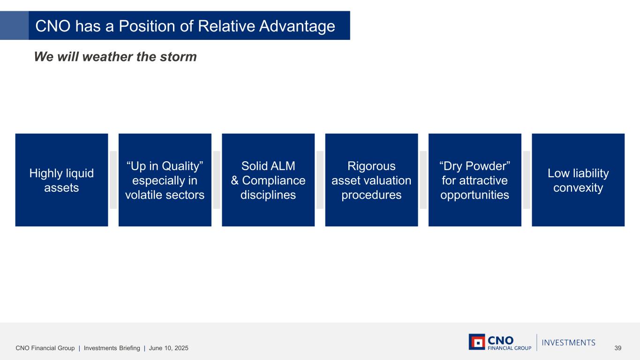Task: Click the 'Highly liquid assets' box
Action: (x=62, y=180)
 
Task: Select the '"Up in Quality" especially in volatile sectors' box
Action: (x=165, y=180)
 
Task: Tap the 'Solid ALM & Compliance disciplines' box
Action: (x=268, y=180)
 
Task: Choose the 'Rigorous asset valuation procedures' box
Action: (x=371, y=180)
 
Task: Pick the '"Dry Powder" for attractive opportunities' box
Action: (x=475, y=180)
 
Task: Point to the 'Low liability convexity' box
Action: (x=578, y=180)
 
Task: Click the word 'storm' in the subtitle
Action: (x=178, y=57)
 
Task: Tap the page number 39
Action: (x=617, y=348)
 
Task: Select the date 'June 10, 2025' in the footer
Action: (x=169, y=348)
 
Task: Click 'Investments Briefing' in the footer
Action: (x=112, y=348)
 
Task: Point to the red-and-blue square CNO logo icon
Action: (x=477, y=342)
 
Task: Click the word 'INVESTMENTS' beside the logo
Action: (x=569, y=343)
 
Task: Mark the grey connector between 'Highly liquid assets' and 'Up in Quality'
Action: (x=113, y=180)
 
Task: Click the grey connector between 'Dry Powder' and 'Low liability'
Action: (x=527, y=180)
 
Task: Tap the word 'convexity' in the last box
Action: (x=578, y=187)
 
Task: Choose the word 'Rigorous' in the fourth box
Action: (x=371, y=166)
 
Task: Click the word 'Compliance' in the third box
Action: (x=274, y=180)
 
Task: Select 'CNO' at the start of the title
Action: (x=53, y=26)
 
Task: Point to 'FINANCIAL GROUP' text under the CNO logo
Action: (x=510, y=348)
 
